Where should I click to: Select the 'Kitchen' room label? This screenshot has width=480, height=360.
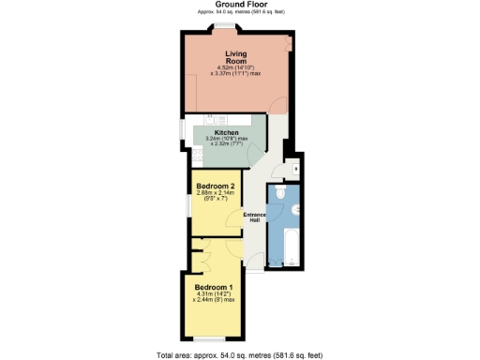point(225,135)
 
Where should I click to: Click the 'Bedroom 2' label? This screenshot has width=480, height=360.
point(215,186)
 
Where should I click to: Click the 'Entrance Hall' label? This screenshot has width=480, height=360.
point(255,217)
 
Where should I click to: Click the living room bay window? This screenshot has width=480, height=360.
point(224,31)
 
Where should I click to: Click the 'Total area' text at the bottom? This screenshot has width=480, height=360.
point(239,353)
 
